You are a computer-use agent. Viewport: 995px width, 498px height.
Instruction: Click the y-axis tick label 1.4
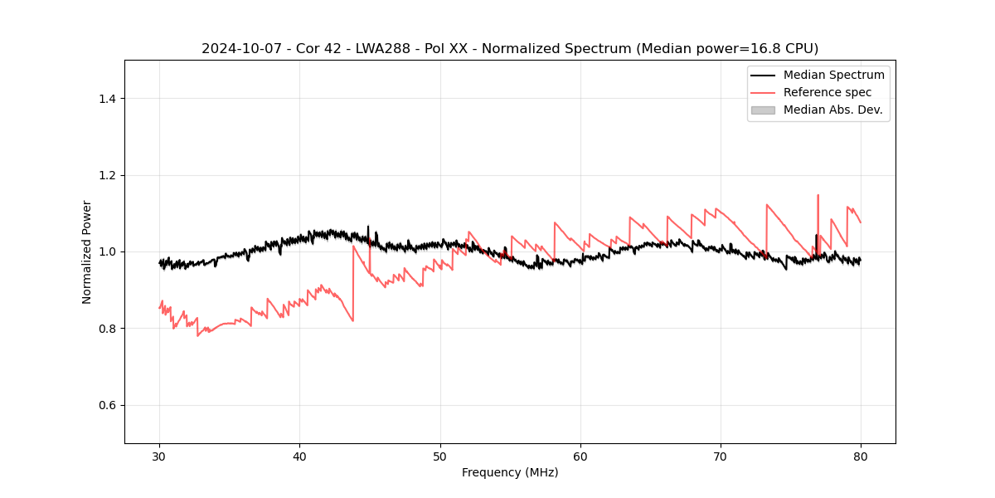click(107, 99)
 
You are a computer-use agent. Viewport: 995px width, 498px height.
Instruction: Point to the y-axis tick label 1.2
click(107, 175)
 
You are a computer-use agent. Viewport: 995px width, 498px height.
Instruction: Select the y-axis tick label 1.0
click(107, 251)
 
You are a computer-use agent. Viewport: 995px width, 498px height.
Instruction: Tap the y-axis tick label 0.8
click(107, 329)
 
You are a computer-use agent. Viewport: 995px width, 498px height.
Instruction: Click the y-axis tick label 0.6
click(107, 405)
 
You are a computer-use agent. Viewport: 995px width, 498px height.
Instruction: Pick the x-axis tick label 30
click(160, 456)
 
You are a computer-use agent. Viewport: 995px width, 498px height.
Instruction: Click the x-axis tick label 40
click(300, 456)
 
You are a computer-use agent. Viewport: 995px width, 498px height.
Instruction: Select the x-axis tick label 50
click(440, 456)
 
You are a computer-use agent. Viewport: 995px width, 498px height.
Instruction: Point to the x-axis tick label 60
click(580, 456)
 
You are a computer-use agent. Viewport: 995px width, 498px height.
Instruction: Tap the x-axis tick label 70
click(721, 456)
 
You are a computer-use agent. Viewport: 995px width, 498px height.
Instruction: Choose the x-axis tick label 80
click(861, 456)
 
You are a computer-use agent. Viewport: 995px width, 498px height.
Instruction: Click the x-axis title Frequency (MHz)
click(510, 472)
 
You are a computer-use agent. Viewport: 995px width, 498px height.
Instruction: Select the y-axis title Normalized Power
click(87, 251)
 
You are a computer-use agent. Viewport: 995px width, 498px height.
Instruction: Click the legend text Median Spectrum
click(833, 75)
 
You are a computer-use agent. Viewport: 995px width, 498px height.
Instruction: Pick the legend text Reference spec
click(828, 92)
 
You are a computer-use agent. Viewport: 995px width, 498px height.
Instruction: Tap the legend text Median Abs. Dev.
click(832, 110)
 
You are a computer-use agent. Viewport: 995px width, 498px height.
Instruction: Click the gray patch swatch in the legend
click(763, 110)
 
